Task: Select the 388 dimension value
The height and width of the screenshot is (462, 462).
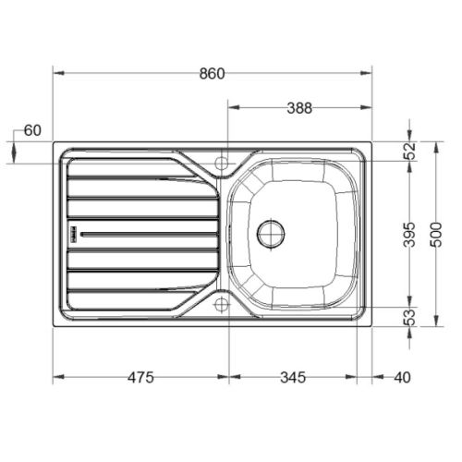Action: pos(298,107)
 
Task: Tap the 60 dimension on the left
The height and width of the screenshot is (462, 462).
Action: pos(32,130)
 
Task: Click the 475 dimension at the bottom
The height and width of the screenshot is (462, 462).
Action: pos(140,377)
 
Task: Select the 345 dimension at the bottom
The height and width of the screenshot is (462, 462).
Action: pos(292,377)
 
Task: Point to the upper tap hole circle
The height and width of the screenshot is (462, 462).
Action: pos(222,163)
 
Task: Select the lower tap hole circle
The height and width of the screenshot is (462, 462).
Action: pos(222,303)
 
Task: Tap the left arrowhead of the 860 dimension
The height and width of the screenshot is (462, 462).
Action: pos(57,73)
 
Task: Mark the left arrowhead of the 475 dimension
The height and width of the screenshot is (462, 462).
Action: pos(57,377)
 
